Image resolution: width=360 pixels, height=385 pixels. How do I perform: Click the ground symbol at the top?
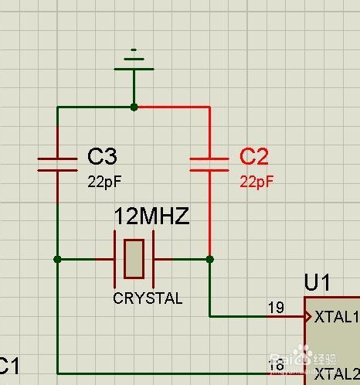coord(134,62)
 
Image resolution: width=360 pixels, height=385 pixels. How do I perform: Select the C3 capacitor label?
coord(102,157)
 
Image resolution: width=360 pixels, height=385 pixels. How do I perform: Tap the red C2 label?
coord(254,157)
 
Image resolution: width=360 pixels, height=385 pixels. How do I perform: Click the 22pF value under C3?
coord(104,182)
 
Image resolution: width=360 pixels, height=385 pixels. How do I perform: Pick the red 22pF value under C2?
coord(257,182)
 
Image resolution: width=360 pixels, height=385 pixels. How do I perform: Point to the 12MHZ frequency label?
coord(151,216)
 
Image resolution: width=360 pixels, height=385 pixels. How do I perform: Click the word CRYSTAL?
coord(148,298)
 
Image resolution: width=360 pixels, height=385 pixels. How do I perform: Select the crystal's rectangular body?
coord(134,259)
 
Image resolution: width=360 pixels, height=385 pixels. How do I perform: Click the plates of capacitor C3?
coord(58,164)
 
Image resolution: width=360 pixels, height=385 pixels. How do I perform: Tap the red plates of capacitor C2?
coord(209,164)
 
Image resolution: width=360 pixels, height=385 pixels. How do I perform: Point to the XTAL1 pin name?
coord(337,316)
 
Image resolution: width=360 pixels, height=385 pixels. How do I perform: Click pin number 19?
coord(276,308)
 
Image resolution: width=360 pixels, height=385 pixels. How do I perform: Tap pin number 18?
coord(276,364)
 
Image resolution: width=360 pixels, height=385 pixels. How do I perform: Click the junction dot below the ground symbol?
coord(134,107)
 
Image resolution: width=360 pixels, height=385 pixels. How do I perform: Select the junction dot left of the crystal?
coord(58,259)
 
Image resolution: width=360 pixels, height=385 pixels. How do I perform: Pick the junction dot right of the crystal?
coord(209,259)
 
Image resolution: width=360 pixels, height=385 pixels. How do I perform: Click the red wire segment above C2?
coord(174,107)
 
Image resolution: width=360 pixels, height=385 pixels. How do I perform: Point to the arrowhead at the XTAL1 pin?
coord(307,316)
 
